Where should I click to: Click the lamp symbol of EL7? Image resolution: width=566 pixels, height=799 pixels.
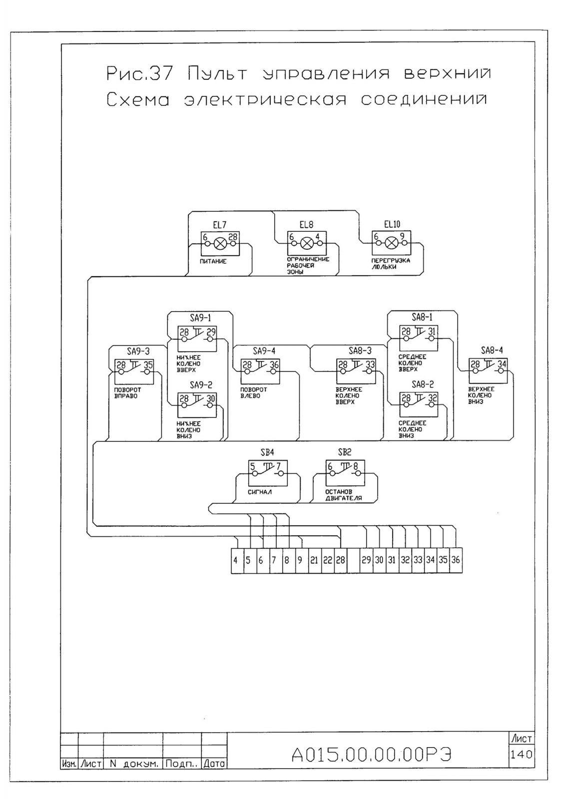[x=219, y=244]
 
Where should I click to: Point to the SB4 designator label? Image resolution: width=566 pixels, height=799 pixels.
[x=267, y=452]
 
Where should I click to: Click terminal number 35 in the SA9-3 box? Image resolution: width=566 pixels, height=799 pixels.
[x=148, y=365]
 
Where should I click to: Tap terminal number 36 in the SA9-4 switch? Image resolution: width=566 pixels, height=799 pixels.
[x=274, y=365]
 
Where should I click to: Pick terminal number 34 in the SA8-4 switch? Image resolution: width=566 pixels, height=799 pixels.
[x=502, y=364]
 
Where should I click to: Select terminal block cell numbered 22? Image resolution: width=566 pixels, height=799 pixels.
[x=328, y=560]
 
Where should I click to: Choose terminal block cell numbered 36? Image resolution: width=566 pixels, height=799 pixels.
[x=456, y=560]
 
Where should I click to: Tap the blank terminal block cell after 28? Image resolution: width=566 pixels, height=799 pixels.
[x=353, y=560]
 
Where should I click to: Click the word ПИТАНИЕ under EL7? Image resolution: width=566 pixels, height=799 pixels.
[x=213, y=262]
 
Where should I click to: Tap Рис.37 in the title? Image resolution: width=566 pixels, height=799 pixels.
[x=139, y=73]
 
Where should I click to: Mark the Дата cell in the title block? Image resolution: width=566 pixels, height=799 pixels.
[x=214, y=764]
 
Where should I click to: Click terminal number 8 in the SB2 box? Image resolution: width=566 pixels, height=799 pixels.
[x=356, y=466]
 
